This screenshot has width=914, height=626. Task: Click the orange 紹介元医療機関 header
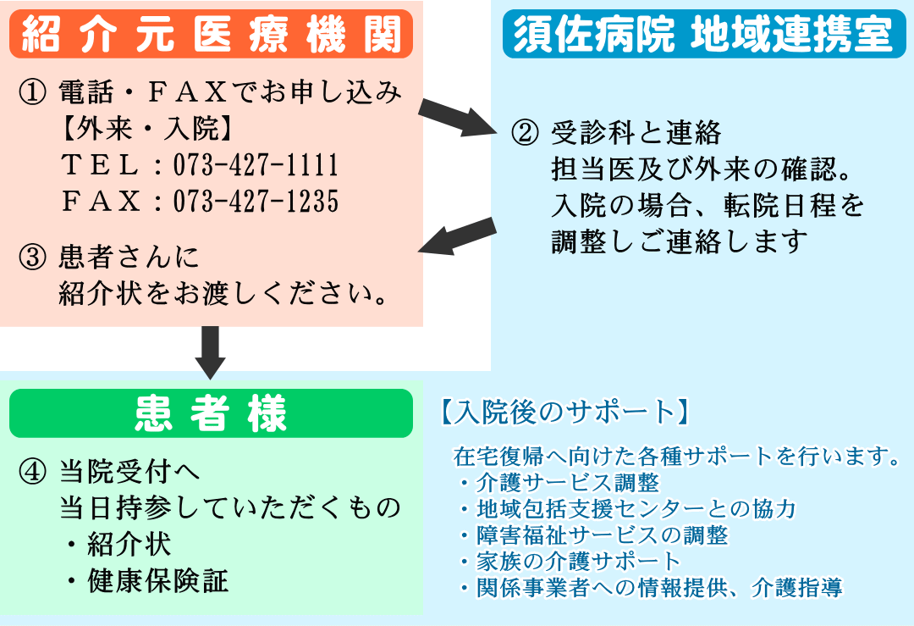pos(211,34)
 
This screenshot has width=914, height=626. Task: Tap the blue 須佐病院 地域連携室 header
pos(704,34)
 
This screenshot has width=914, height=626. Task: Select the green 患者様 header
pos(211,413)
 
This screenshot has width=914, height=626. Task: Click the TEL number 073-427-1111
pos(256,164)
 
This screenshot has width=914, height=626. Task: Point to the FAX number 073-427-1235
pos(256,201)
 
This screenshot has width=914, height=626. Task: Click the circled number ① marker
pos(32,92)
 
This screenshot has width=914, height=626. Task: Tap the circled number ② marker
pos(525,132)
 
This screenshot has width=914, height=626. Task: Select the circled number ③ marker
pos(32,257)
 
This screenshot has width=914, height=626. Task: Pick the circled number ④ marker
pos(32,471)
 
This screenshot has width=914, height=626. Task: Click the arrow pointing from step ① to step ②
pos(458,118)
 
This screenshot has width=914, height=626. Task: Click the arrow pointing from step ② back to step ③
pos(458,235)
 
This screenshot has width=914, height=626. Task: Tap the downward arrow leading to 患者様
pos(211,353)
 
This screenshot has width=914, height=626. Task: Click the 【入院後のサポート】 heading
pos(564,412)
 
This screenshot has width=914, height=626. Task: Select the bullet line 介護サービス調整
pos(560,483)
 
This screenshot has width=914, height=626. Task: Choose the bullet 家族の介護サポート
pos(570,562)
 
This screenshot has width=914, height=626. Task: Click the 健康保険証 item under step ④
pos(157,581)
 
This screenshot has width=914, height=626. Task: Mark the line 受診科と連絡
pos(636,132)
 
